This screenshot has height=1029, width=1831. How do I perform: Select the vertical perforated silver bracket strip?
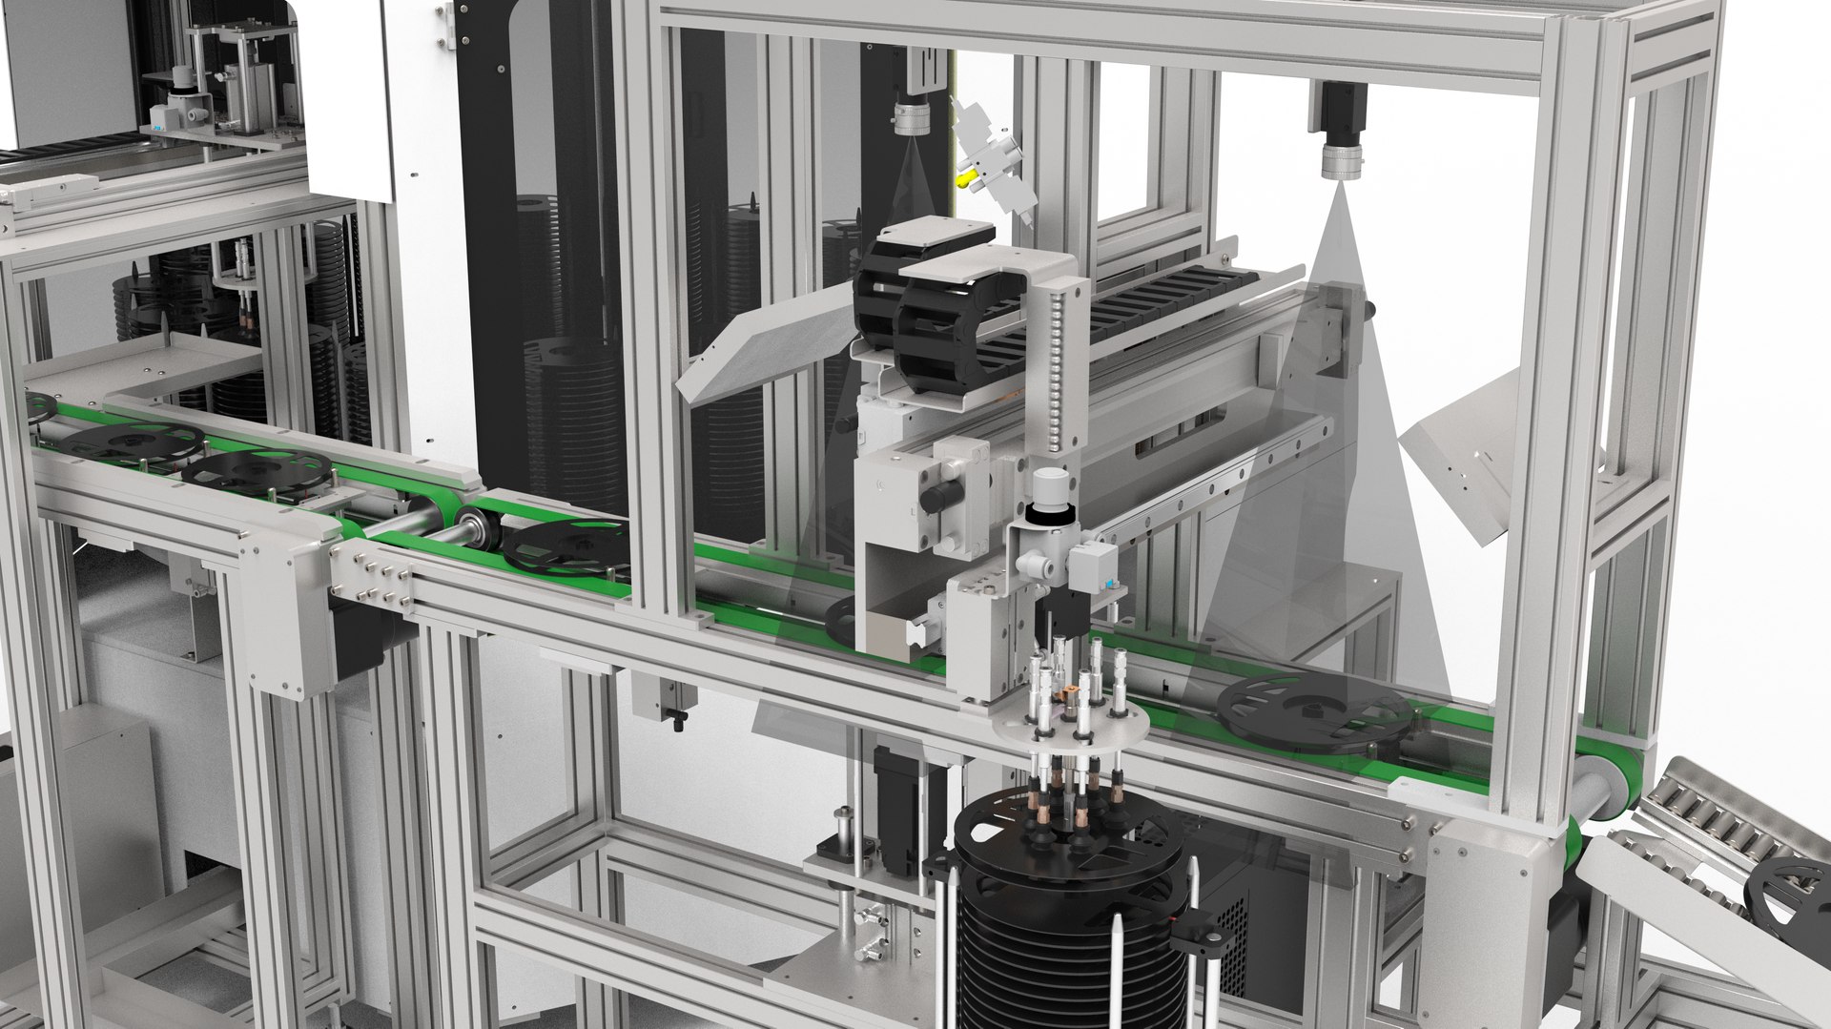pos(1053,372)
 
